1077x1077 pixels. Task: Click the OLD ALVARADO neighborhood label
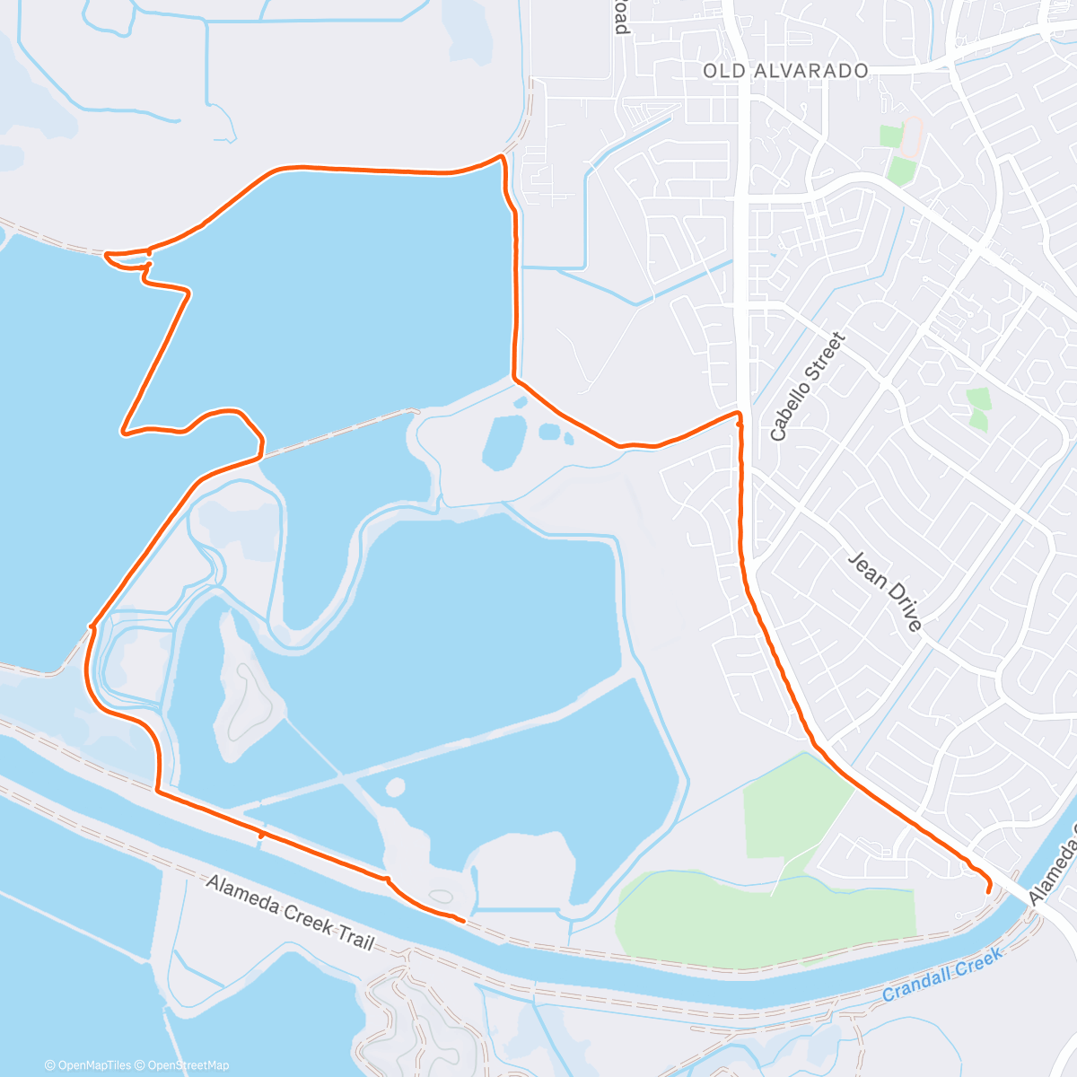(785, 71)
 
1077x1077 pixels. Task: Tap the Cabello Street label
(808, 387)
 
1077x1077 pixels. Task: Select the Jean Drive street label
(885, 591)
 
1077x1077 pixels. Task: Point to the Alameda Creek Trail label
(290, 912)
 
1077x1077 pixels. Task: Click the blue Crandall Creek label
(942, 975)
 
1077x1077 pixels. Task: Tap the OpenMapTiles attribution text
(87, 1065)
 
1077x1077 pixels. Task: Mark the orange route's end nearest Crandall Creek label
(988, 891)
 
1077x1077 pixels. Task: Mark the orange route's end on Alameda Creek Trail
(463, 920)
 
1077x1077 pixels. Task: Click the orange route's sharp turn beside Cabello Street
(739, 415)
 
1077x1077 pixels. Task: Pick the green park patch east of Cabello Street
(978, 408)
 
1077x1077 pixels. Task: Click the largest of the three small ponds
(504, 442)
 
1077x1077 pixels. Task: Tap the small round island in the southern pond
(395, 788)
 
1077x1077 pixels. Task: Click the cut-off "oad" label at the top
(620, 18)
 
